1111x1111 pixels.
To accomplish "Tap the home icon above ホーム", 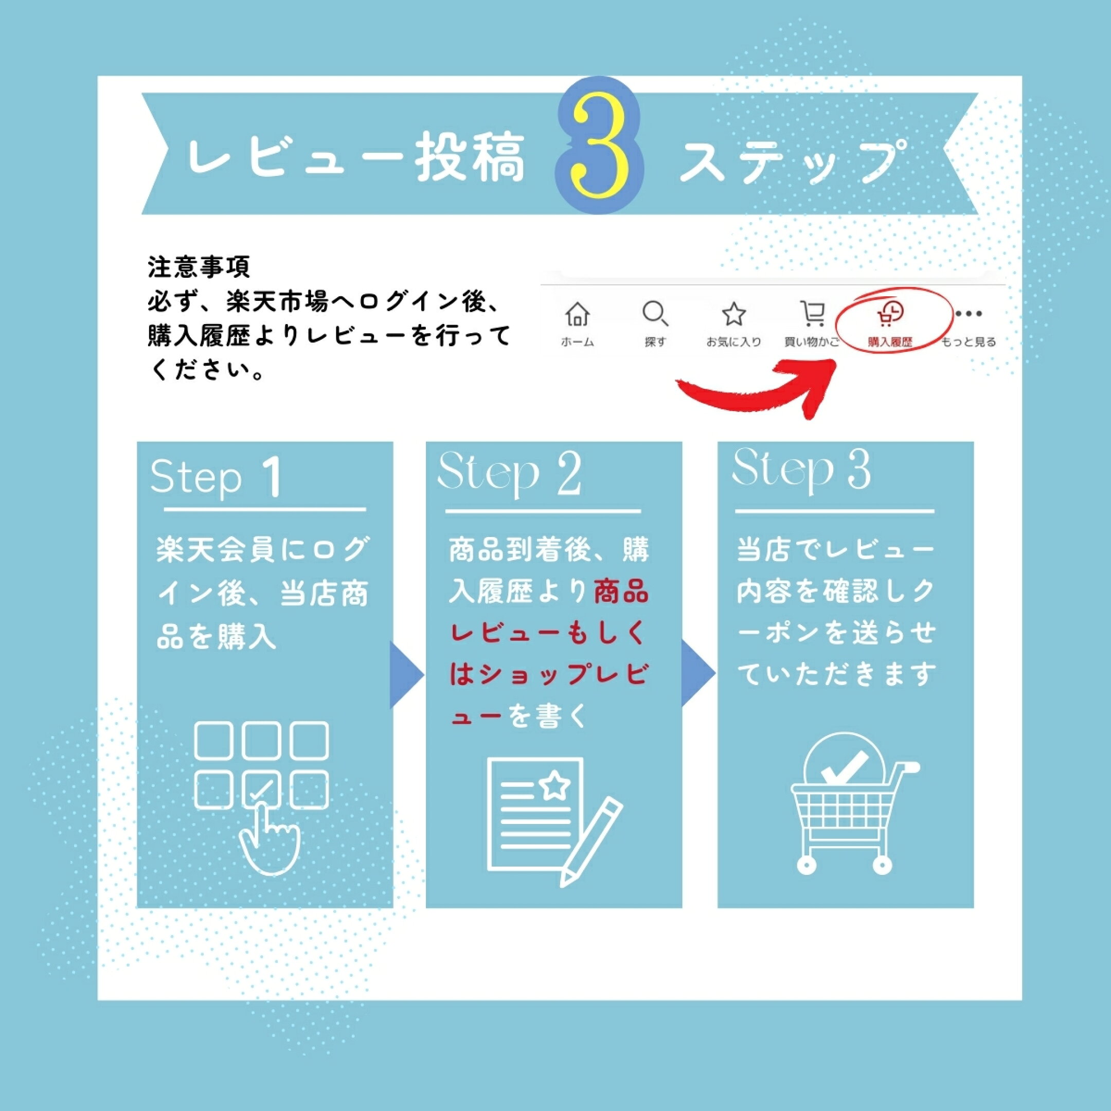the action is click(x=577, y=314).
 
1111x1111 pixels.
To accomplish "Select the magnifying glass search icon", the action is click(x=655, y=314).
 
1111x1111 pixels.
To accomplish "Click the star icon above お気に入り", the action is click(x=734, y=314).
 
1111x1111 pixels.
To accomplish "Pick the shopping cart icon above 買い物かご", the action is click(x=813, y=314).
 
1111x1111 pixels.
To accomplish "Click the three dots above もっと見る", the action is click(x=969, y=314).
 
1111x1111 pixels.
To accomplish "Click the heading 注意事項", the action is click(x=199, y=267).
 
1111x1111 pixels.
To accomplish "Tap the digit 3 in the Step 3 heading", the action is click(x=858, y=469).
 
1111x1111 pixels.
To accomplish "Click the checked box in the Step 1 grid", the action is click(x=262, y=789).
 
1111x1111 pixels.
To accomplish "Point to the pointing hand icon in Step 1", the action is click(x=269, y=837).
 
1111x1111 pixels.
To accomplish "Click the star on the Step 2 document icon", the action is click(x=555, y=785).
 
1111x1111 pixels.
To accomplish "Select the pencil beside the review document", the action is click(x=590, y=842).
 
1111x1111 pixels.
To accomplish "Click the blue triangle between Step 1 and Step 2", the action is click(x=406, y=674).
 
